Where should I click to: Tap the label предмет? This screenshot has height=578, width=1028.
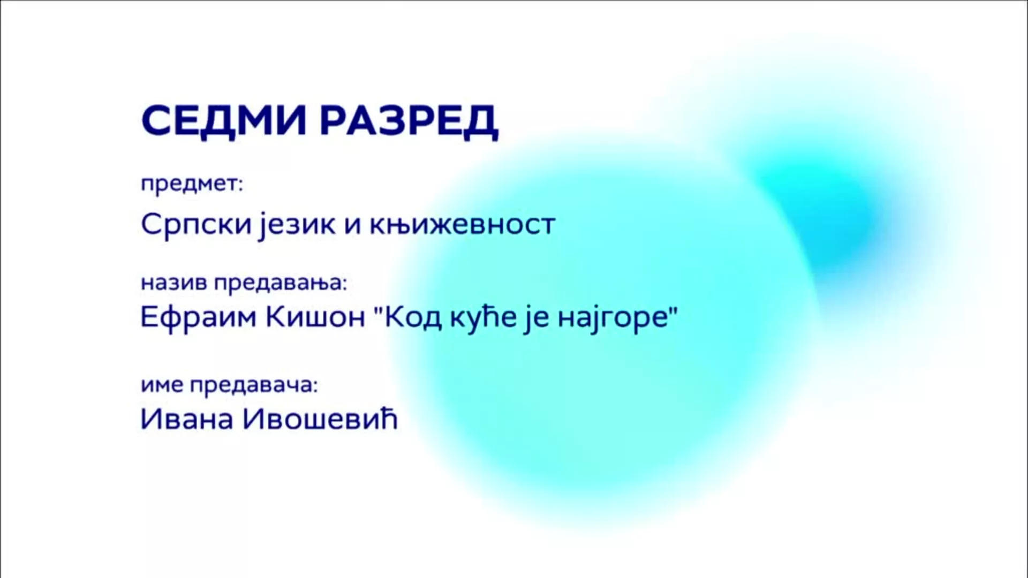tap(192, 185)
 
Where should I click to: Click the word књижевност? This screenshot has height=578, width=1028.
tap(462, 224)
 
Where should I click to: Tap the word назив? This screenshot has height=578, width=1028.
tap(174, 283)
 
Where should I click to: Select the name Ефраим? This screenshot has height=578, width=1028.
tap(199, 317)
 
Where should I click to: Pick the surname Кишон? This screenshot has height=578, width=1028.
tap(315, 318)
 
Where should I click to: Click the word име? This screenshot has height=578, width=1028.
tap(163, 385)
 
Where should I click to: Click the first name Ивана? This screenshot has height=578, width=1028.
tap(187, 419)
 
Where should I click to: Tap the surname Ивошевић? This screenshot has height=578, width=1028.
tap(320, 419)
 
